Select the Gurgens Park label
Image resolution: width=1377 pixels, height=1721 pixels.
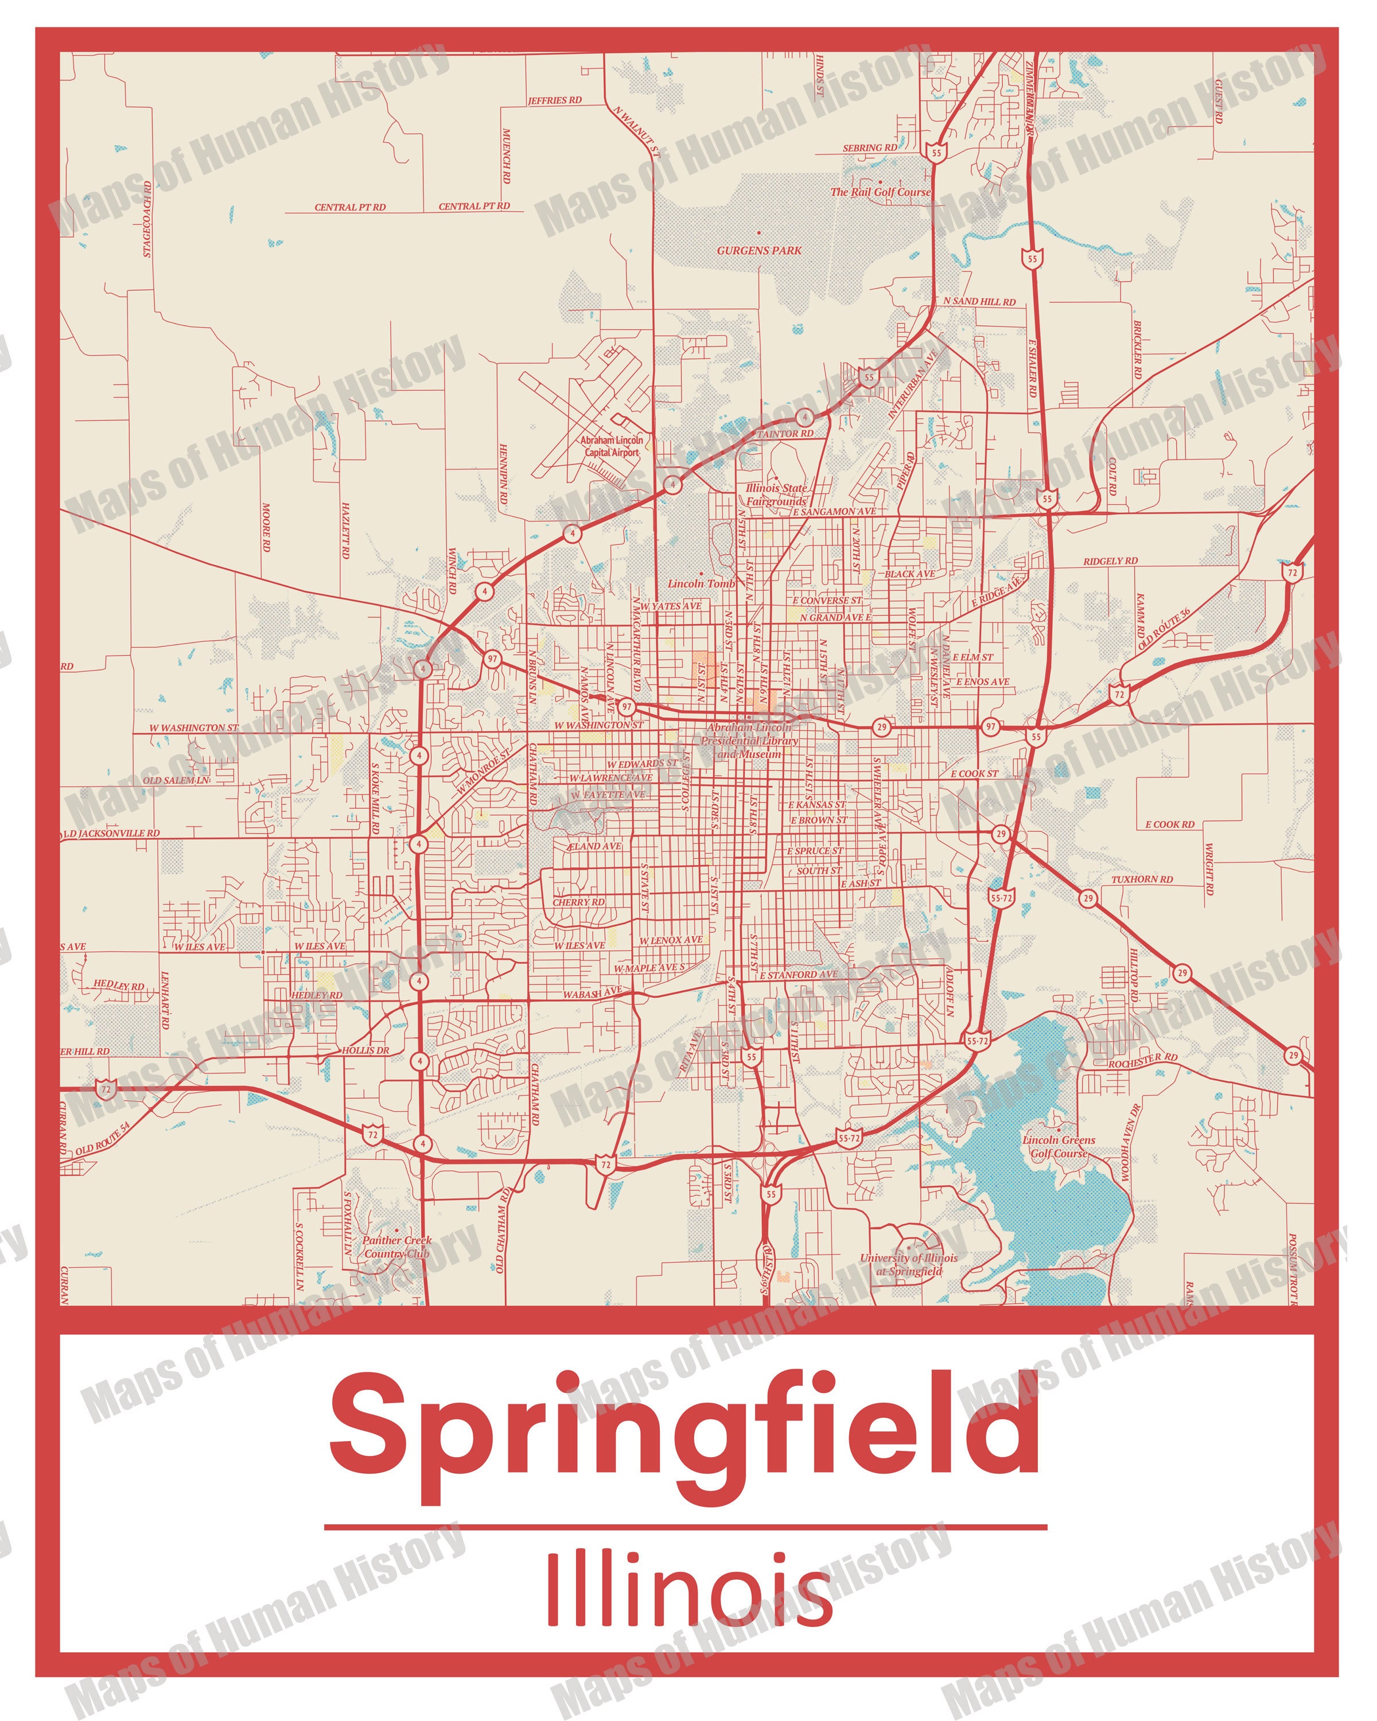(758, 251)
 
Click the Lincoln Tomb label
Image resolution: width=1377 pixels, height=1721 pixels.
(701, 583)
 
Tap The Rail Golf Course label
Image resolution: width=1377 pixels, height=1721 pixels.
(880, 192)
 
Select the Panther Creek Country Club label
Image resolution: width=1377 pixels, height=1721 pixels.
(396, 1246)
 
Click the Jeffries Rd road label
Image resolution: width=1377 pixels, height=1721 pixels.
(555, 100)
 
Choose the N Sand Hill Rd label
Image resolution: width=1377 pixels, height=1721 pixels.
(979, 302)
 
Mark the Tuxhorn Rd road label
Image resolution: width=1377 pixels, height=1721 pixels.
(1142, 879)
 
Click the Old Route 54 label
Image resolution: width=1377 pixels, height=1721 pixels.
(102, 1139)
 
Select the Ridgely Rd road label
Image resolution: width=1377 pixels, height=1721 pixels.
(1110, 561)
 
